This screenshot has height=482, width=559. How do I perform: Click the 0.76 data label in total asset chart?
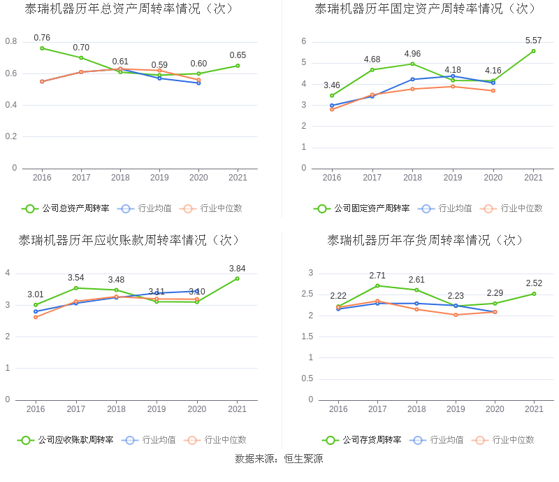point(42,38)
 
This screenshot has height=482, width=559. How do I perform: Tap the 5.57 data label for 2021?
point(533,41)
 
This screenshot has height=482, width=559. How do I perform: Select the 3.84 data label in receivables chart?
point(238,269)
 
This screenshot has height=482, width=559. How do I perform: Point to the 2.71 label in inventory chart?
point(377,276)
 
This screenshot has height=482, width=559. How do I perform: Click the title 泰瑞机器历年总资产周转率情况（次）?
point(129,9)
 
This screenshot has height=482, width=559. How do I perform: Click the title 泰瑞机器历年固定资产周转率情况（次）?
point(426,9)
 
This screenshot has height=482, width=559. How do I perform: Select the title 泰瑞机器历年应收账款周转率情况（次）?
point(129,240)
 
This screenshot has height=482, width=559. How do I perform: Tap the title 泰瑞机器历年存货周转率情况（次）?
point(426,240)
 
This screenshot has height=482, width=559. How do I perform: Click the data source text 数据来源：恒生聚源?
point(279,459)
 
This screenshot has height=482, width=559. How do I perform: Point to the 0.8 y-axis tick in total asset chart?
point(11,42)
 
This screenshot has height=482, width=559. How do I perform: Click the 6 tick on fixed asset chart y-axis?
point(304,41)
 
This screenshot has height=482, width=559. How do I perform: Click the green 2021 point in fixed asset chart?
point(533,51)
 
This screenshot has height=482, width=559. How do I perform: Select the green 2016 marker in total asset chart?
point(42,48)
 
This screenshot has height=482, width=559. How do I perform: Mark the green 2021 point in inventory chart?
point(534,294)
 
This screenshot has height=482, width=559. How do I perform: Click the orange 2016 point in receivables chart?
point(36,317)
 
